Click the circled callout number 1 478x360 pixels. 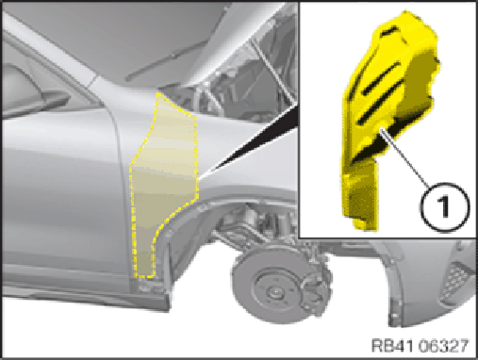[x=445, y=207]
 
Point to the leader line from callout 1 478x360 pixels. [x=404, y=157]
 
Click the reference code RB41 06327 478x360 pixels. [x=420, y=346]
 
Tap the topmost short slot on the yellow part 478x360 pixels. [x=389, y=31]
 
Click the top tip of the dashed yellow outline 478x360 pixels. [x=158, y=93]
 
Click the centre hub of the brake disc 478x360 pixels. [x=272, y=293]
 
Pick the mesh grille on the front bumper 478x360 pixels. [x=456, y=283]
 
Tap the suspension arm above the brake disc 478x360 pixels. [x=239, y=234]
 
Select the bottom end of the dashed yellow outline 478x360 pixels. [x=144, y=277]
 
